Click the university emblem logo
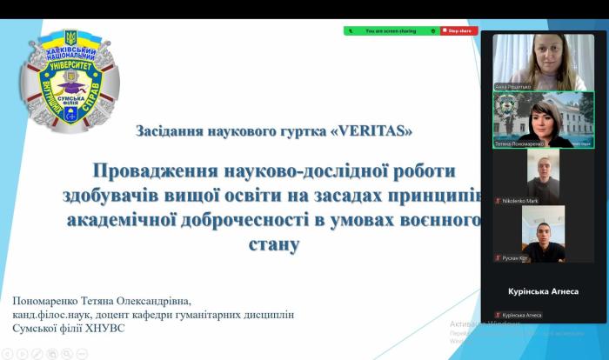click(x=70, y=81)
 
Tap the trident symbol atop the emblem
click(x=70, y=38)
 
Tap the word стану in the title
click(x=274, y=243)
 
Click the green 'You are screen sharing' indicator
click(x=391, y=30)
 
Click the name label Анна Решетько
click(x=512, y=87)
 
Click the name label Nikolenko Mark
click(x=521, y=201)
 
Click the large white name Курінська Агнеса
click(x=543, y=291)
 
